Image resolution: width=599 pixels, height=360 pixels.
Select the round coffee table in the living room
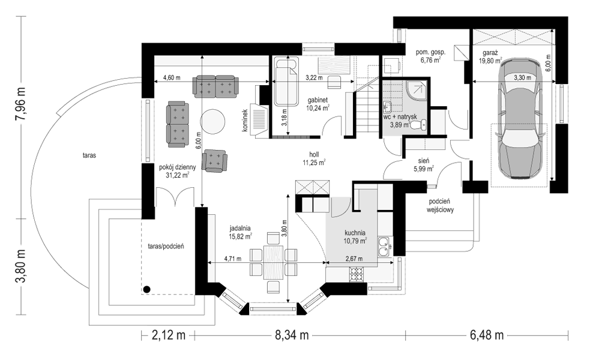click(x=213, y=122)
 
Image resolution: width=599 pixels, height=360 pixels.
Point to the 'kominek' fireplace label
click(x=244, y=121)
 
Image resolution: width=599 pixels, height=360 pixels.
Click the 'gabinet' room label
click(x=318, y=100)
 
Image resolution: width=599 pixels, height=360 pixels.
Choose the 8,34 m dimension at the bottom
click(x=292, y=335)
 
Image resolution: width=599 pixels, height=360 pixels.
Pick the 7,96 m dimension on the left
click(x=20, y=103)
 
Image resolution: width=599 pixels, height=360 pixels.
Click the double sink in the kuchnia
click(x=384, y=247)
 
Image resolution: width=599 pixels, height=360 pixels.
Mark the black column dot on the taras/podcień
click(x=146, y=289)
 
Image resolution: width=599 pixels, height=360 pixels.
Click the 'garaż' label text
click(x=489, y=53)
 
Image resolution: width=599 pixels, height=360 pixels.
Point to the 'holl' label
click(x=314, y=155)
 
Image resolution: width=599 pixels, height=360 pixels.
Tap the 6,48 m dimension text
click(x=486, y=335)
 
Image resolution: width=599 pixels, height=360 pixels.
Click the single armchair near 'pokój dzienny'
click(x=215, y=160)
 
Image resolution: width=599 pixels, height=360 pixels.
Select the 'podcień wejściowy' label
click(x=440, y=205)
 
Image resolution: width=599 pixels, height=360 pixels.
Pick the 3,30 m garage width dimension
click(x=522, y=77)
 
